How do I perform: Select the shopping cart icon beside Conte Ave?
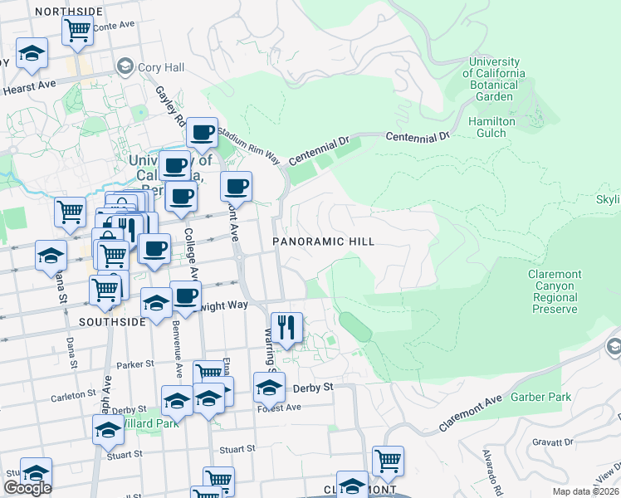pos(77,31)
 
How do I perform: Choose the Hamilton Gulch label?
pos(492,127)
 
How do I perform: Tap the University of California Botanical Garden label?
pos(496,79)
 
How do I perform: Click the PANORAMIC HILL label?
pos(325,242)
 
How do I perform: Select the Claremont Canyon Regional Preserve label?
pos(555,291)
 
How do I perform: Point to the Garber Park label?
pos(540,397)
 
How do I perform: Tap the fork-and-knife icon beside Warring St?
pos(286,327)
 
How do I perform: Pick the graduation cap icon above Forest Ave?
pos(269,388)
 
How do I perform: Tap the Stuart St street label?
pos(237,449)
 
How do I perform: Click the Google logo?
pos(27,488)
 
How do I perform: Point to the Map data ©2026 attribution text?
pos(584,491)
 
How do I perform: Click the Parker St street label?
pos(135,364)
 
